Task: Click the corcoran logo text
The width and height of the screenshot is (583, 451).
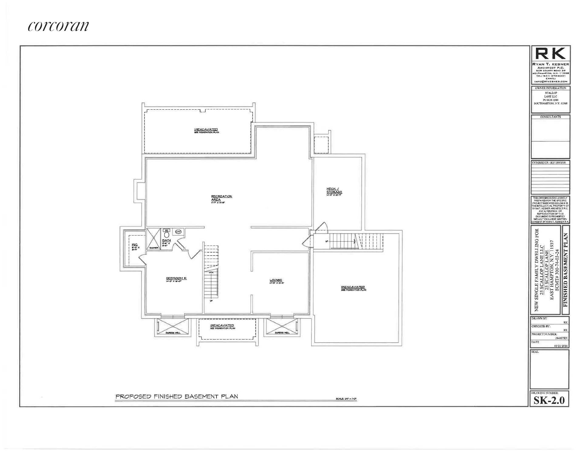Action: (58, 26)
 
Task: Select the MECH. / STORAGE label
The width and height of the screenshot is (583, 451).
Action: (334, 191)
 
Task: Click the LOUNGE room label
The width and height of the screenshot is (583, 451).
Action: (276, 280)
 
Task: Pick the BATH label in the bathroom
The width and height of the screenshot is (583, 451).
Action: (166, 240)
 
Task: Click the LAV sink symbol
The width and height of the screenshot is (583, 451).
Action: (178, 232)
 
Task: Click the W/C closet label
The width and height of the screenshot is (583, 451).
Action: (135, 245)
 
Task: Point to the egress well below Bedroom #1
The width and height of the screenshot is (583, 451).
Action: (173, 327)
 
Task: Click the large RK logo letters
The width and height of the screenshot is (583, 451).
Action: (550, 54)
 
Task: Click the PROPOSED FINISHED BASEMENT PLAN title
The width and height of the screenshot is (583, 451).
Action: (176, 396)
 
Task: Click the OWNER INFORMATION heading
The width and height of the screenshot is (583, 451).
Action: (550, 88)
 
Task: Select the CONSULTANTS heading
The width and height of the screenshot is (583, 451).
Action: (550, 117)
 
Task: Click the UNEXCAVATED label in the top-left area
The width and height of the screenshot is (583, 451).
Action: (206, 129)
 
